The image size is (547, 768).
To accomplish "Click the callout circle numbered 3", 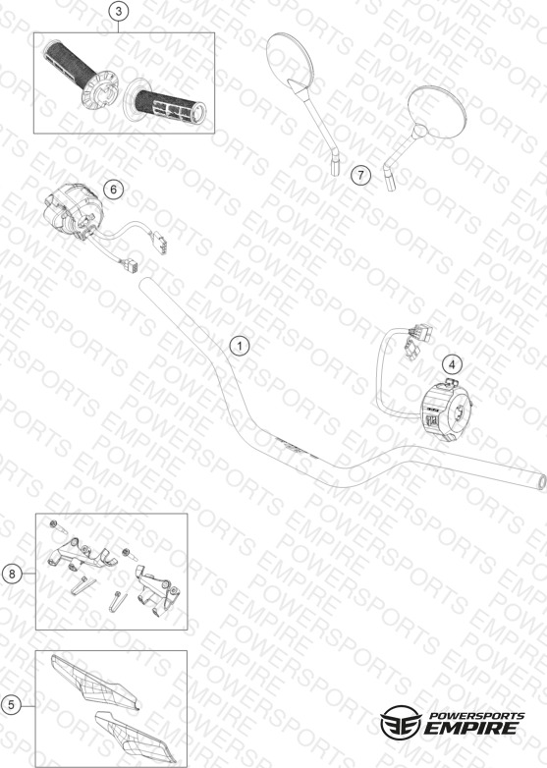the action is [119, 11].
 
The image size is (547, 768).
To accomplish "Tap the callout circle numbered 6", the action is [114, 190].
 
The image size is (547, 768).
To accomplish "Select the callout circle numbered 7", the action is [361, 175].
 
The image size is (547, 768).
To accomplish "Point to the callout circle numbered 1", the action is [240, 347].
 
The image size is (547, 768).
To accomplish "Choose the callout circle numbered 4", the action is [452, 364].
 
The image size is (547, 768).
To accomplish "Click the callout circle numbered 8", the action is [12, 574].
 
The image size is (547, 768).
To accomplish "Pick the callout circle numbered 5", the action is [11, 705].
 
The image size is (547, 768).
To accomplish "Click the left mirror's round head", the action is [290, 57].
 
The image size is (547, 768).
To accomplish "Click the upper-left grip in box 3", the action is [82, 75].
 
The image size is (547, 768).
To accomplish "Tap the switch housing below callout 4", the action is [445, 411].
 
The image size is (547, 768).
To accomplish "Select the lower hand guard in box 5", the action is [136, 737].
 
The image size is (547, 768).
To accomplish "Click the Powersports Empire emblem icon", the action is [401, 723].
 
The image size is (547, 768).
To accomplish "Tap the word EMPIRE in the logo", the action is [471, 728].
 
